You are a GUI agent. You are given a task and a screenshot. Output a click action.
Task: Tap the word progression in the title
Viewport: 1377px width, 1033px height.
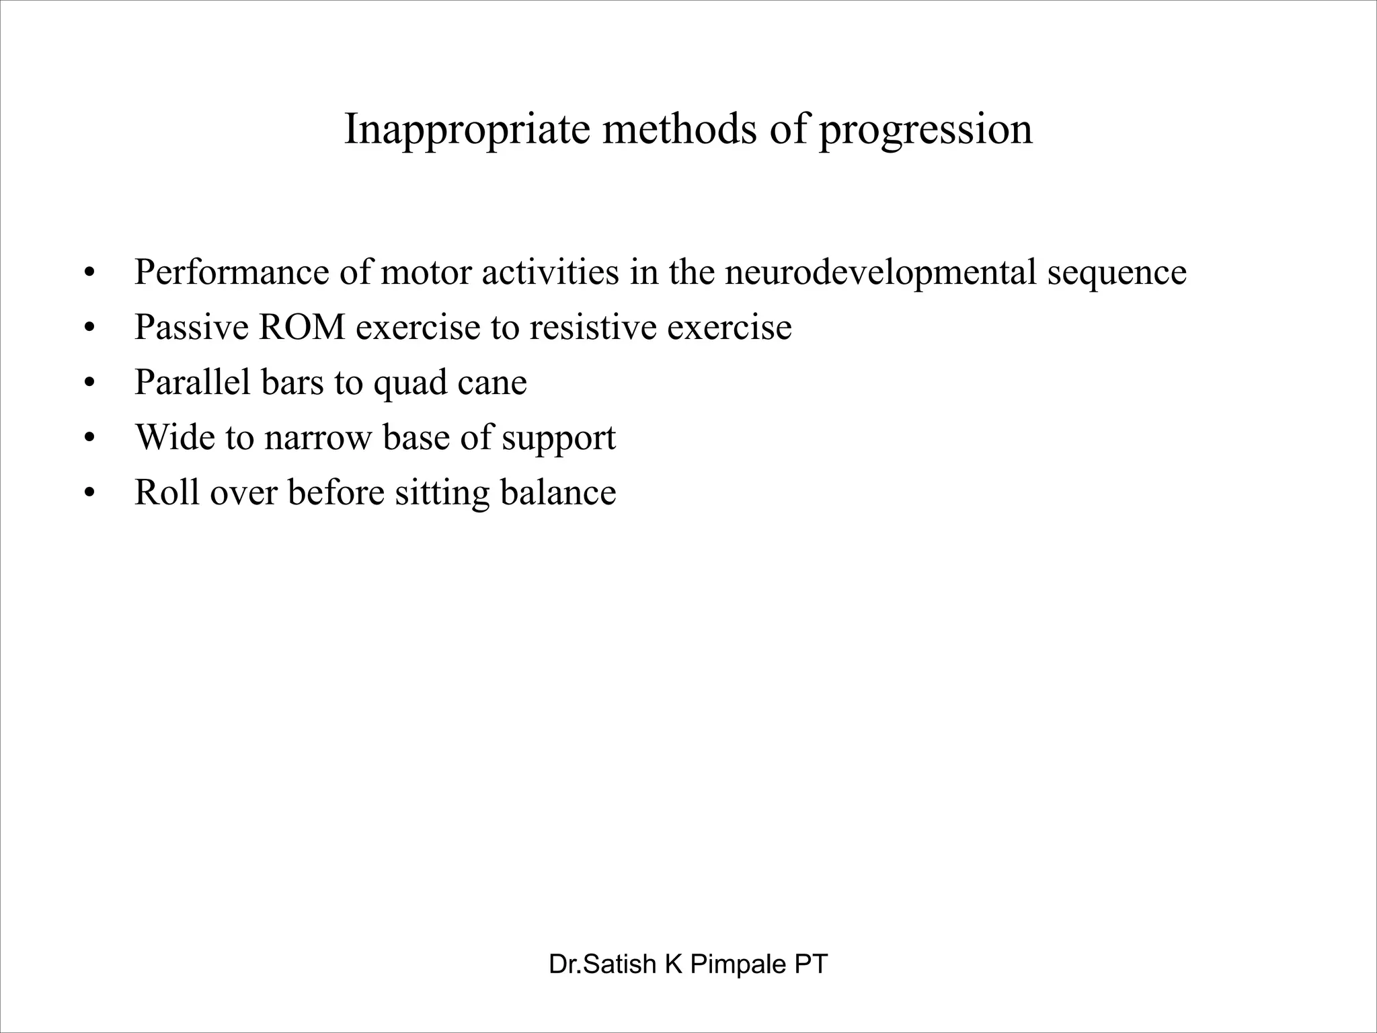point(925,129)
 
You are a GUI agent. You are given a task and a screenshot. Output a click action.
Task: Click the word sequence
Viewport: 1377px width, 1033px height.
point(1117,274)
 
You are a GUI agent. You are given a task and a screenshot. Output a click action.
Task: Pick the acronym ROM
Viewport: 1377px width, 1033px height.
point(302,328)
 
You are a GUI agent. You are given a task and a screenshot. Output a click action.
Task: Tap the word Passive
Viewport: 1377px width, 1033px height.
point(191,328)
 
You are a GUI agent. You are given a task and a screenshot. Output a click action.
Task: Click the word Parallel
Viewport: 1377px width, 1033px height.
point(192,382)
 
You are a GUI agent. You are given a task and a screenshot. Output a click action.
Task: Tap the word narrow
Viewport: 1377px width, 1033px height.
point(318,438)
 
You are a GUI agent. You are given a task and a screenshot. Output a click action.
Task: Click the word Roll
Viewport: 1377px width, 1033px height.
point(167,492)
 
